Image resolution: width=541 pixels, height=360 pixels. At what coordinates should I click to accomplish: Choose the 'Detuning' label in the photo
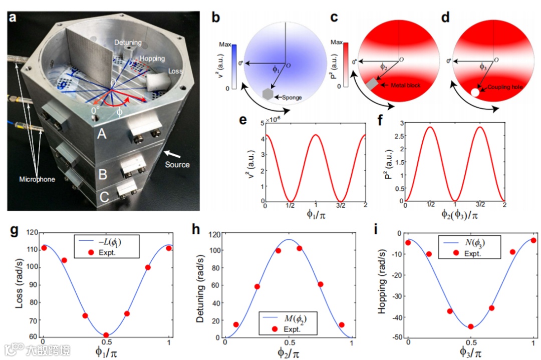(x=127, y=43)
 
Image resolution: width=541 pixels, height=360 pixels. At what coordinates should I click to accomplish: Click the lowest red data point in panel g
(x=106, y=335)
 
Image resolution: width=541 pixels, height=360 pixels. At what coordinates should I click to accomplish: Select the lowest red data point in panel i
(x=471, y=326)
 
